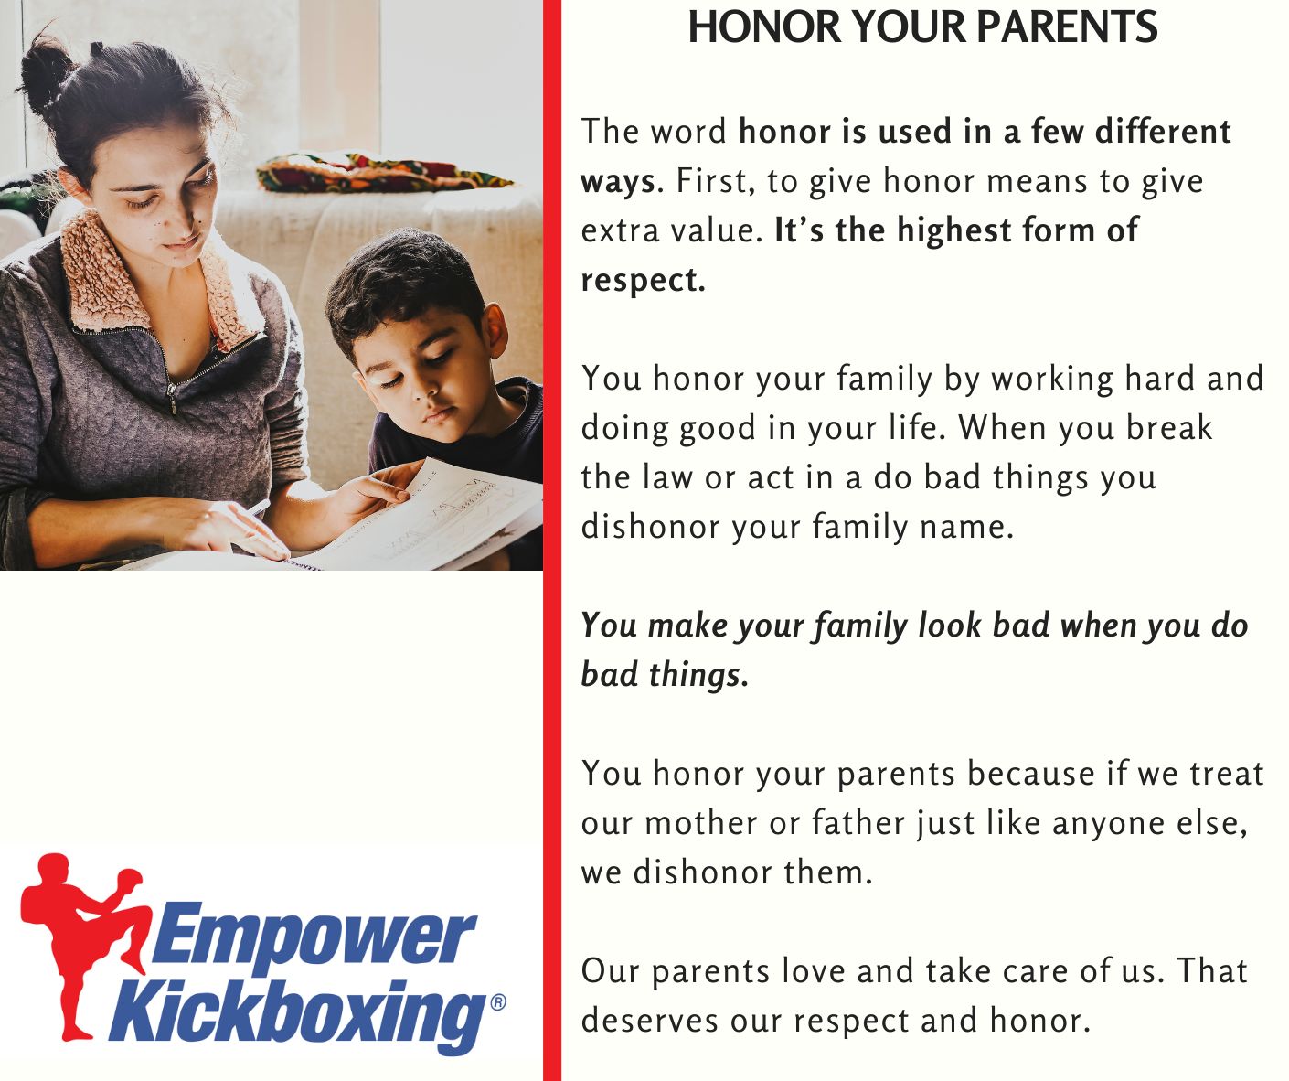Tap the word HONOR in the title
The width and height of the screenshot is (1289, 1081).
(765, 27)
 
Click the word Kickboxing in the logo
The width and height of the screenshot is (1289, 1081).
(297, 1013)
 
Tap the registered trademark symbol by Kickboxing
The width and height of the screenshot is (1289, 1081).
(498, 1002)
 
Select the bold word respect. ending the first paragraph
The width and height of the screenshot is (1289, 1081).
(643, 281)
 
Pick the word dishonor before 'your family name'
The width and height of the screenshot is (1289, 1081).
(650, 527)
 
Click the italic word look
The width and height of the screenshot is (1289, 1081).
(949, 625)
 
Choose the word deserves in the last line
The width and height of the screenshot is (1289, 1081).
(649, 1021)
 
